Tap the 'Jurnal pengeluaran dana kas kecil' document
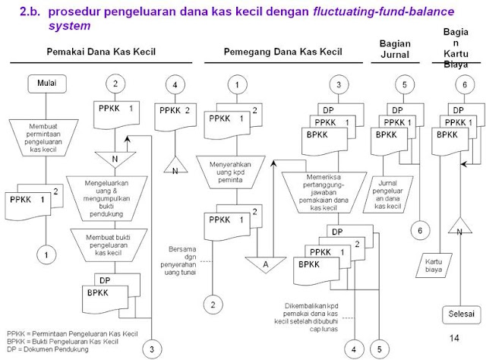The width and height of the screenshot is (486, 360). [x=395, y=190]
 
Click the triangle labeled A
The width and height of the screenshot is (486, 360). [x=265, y=261]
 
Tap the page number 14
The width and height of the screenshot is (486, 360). [x=454, y=337]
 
